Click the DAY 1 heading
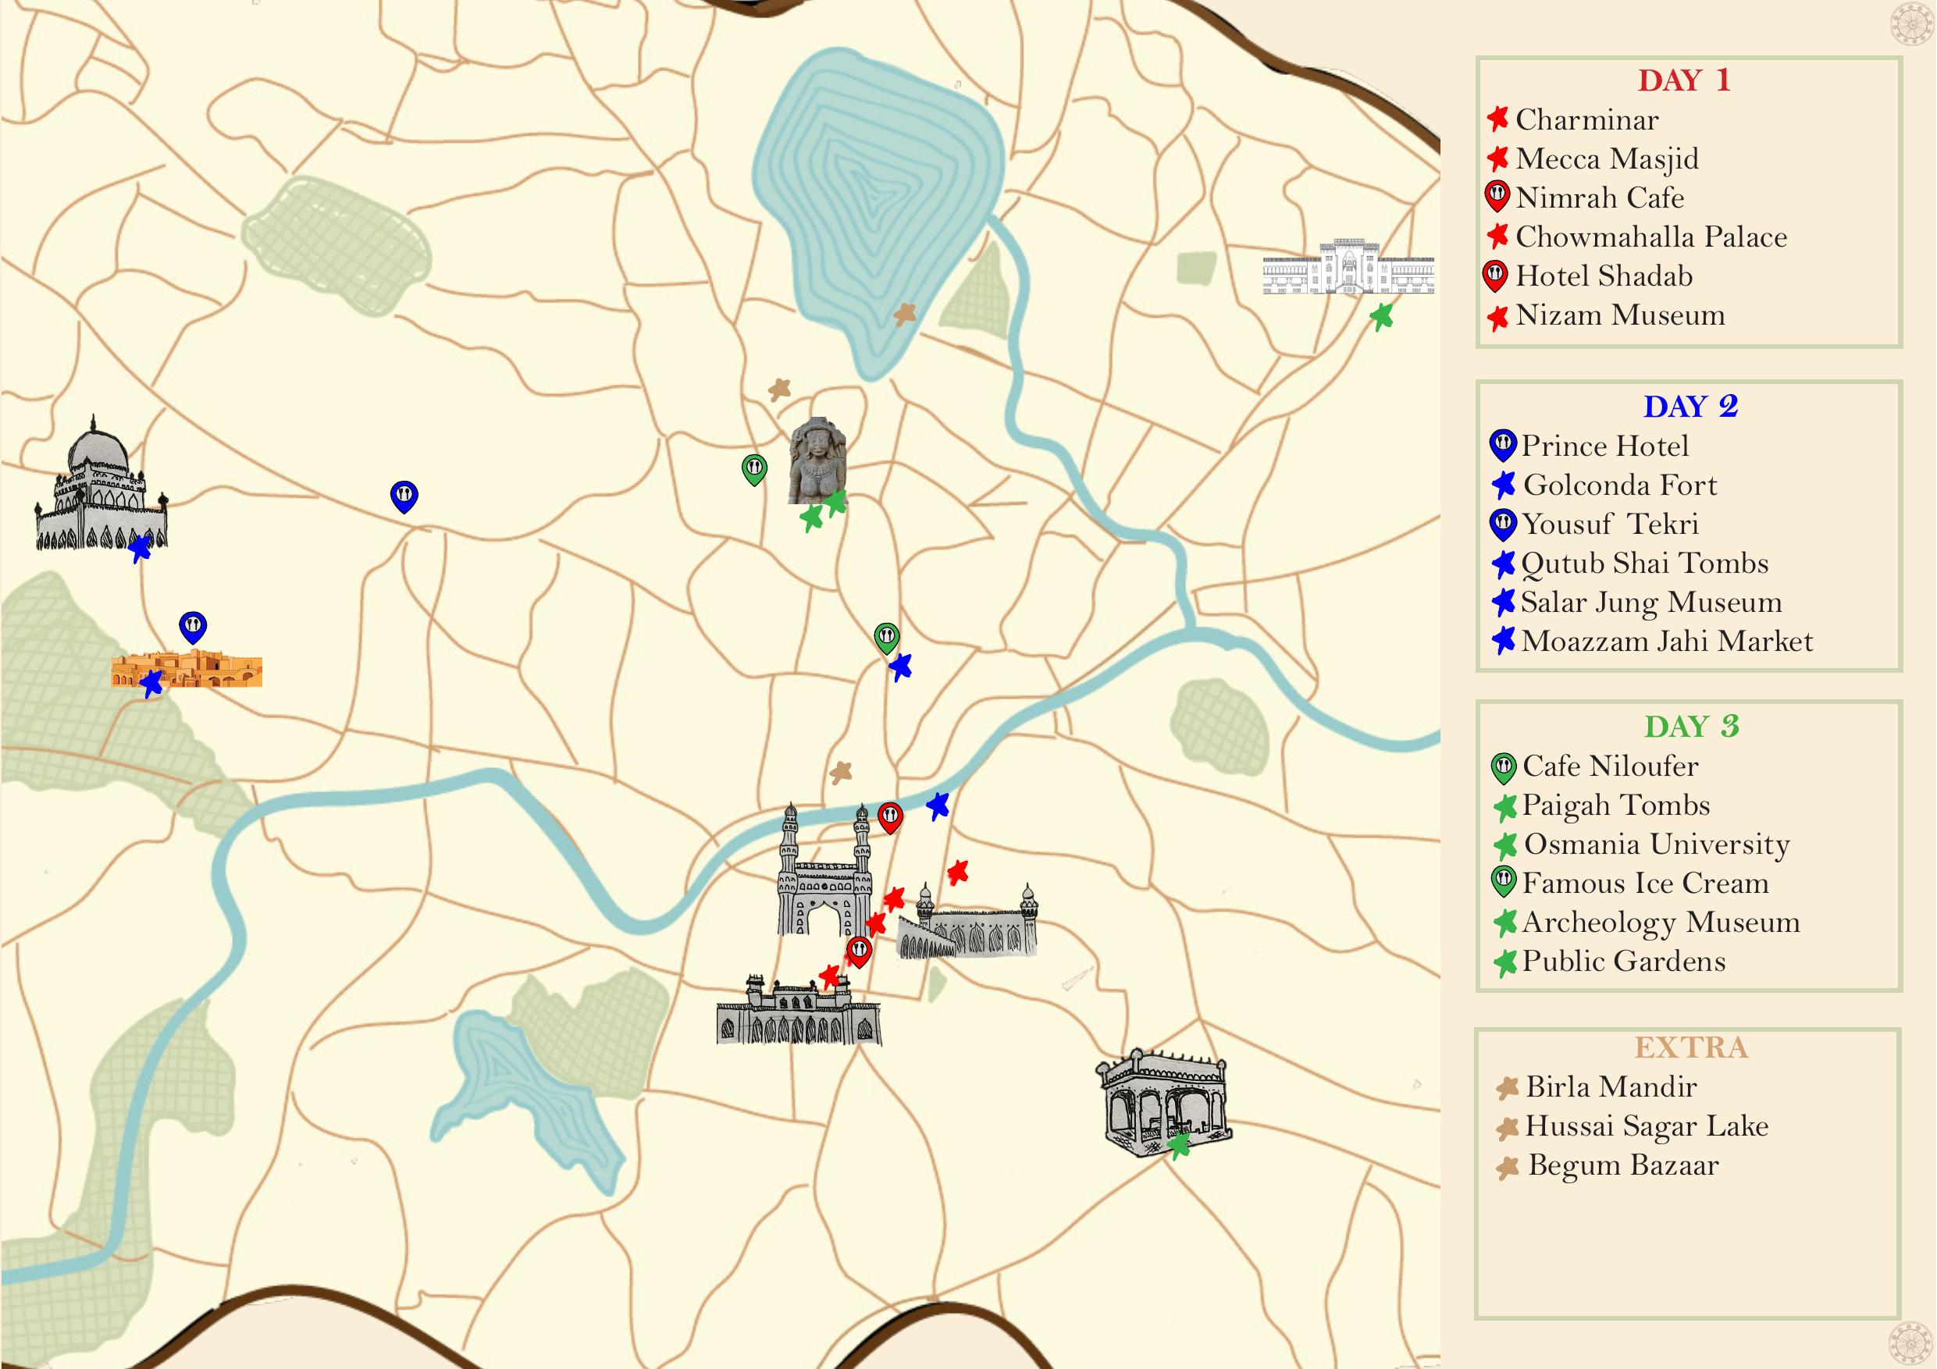point(1684,81)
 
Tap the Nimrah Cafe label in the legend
point(1600,198)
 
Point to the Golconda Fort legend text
point(1620,485)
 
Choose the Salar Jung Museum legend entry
point(1651,603)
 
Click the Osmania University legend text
point(1656,845)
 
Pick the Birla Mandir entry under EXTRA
point(1611,1087)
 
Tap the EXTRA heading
point(1690,1047)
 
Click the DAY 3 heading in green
point(1692,726)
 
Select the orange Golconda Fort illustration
point(187,669)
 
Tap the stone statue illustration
point(816,460)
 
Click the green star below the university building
point(1381,317)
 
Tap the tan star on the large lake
point(904,315)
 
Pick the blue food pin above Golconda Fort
point(193,628)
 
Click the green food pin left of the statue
point(754,469)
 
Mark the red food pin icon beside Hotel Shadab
point(1495,276)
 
